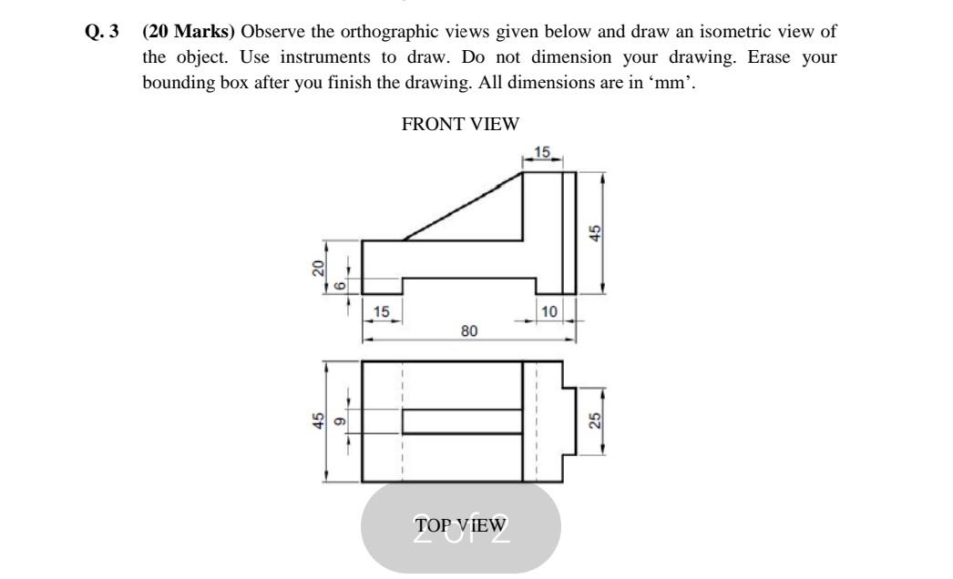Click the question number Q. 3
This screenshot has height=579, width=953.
101,32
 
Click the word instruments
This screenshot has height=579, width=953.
320,56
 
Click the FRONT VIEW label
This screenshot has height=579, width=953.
460,124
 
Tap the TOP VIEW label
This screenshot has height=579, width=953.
460,524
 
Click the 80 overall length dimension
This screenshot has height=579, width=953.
468,331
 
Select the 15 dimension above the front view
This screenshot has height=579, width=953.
542,152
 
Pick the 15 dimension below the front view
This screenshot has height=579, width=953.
382,312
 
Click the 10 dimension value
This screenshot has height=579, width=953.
548,312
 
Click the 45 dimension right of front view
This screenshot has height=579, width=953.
594,233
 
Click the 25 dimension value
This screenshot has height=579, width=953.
594,421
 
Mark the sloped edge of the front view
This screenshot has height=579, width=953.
462,207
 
